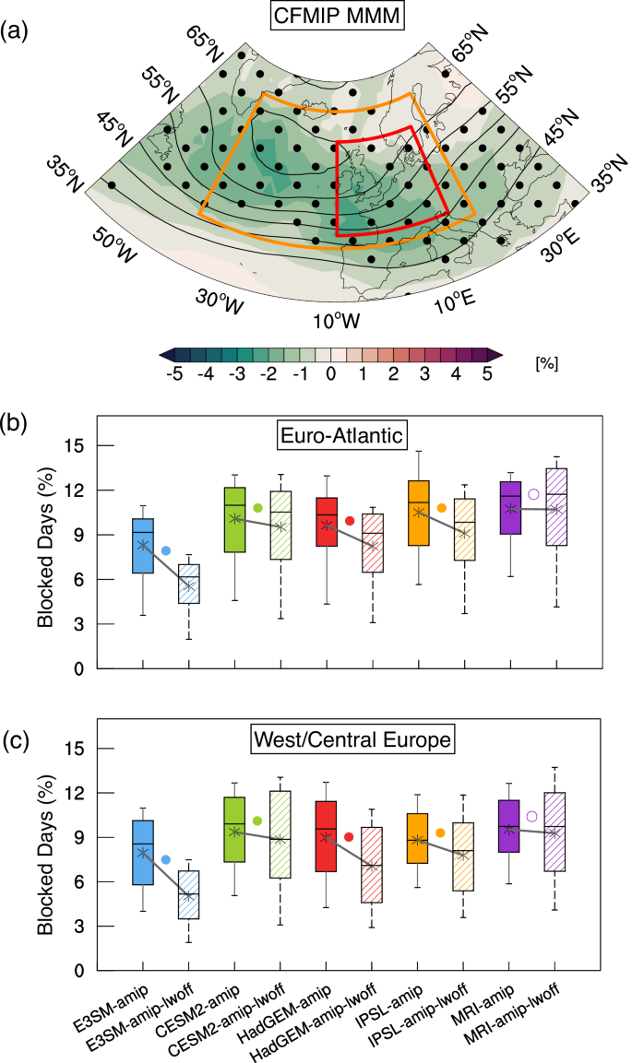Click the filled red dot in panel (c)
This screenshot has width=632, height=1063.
point(349,837)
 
